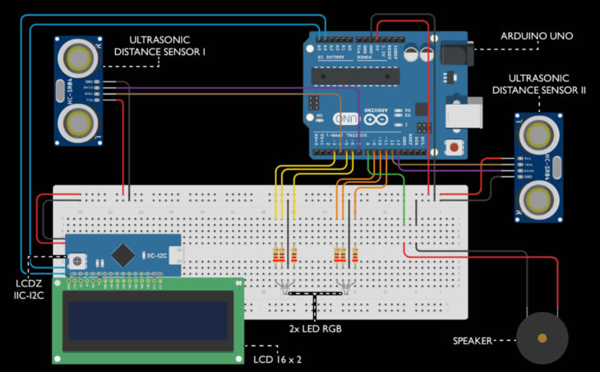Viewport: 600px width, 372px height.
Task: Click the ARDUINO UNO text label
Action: (x=537, y=36)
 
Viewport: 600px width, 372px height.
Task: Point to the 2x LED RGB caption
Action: (x=315, y=329)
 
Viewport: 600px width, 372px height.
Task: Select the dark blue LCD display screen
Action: (x=148, y=319)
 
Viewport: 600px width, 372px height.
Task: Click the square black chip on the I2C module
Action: (x=122, y=255)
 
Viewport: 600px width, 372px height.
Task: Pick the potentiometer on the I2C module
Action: (x=79, y=258)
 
